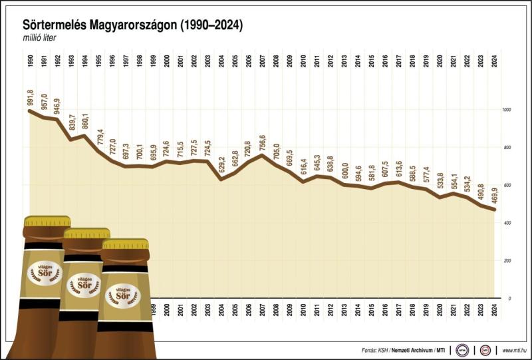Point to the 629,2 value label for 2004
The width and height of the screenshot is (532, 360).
tap(221, 164)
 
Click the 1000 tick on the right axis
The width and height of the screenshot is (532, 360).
tap(507, 110)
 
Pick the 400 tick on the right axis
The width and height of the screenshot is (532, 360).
tap(507, 223)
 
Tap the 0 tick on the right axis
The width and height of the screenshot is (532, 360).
tap(509, 298)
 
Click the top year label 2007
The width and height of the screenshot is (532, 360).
tap(263, 62)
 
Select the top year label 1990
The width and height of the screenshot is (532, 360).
tap(30, 62)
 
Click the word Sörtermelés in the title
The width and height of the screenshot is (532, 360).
tap(54, 25)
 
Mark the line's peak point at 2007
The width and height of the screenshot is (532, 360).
tap(263, 156)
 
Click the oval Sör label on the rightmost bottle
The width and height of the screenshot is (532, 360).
tap(122, 293)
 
